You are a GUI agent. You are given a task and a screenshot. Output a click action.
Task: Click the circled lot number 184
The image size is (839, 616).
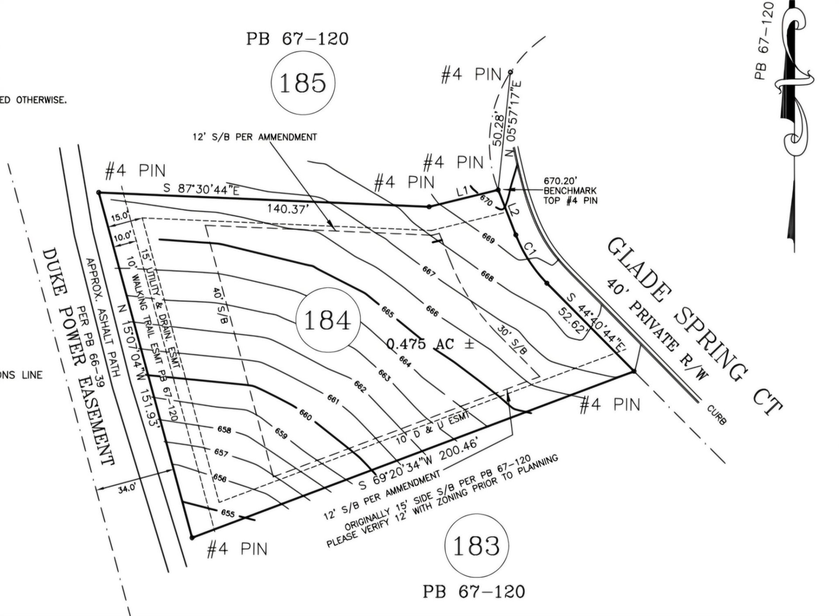(327, 320)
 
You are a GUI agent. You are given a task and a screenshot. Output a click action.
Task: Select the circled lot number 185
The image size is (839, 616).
(303, 82)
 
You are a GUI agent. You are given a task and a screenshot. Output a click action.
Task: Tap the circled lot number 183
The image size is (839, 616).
(476, 545)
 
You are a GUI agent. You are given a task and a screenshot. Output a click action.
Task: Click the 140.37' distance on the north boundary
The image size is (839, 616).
(288, 209)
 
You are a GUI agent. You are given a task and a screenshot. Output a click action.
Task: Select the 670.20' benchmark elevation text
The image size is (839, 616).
(561, 180)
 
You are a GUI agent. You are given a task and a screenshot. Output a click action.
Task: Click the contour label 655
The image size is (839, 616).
(228, 513)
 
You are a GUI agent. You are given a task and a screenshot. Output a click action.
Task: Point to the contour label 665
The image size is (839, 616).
(388, 312)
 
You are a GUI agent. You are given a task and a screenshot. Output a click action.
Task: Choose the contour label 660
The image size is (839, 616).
(305, 414)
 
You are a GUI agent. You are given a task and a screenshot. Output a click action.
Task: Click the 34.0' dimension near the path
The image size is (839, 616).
(127, 488)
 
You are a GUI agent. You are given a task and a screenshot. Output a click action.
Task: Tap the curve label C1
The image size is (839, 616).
(530, 249)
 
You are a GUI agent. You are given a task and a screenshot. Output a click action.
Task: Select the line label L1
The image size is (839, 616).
(463, 190)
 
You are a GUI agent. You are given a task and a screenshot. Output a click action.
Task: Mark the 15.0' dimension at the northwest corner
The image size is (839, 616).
(120, 216)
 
